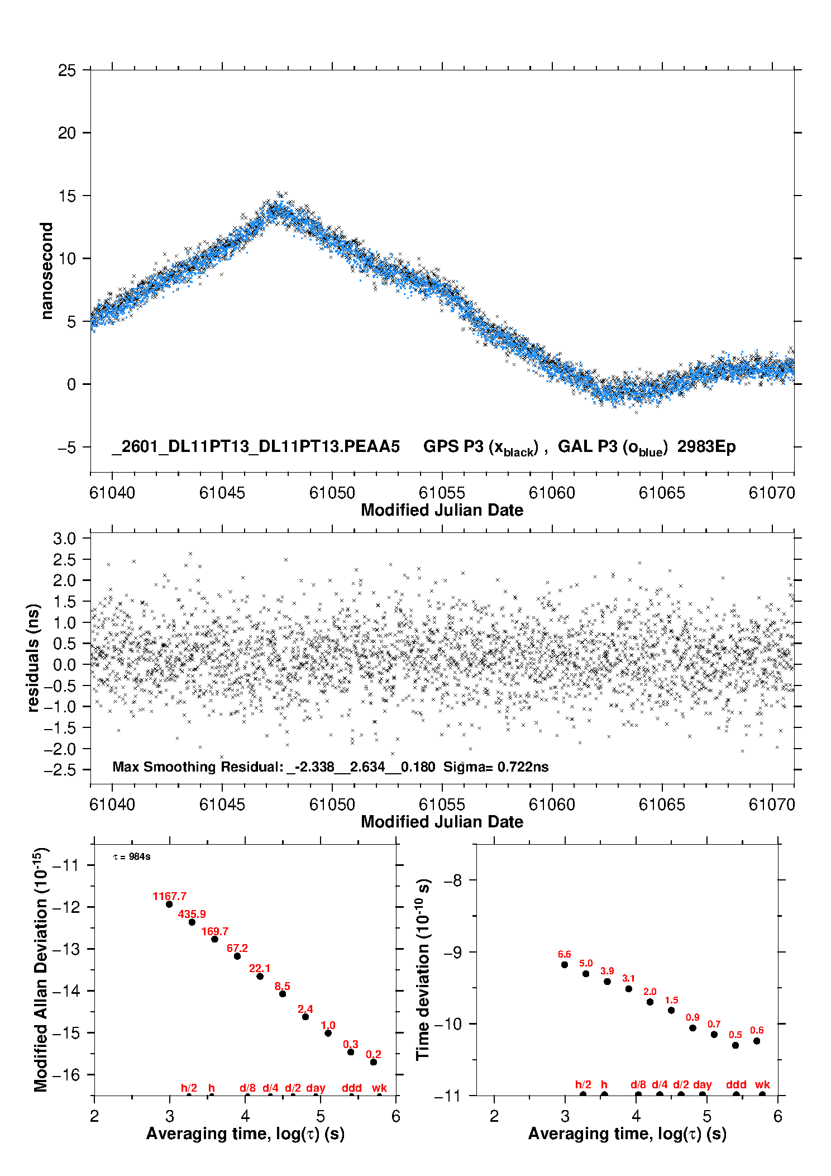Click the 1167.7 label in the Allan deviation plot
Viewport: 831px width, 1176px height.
click(169, 896)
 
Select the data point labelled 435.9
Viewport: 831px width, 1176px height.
click(192, 922)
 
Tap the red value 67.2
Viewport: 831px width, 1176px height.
click(237, 948)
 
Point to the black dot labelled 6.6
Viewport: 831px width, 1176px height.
click(565, 964)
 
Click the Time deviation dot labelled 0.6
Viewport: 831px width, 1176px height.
click(757, 1041)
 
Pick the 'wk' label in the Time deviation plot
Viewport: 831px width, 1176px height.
click(762, 1084)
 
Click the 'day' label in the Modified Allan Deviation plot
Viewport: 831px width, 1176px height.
click(316, 1088)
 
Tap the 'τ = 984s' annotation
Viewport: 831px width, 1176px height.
click(132, 857)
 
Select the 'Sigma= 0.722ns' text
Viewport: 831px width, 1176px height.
click(496, 766)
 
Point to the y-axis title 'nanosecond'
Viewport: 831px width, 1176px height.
click(47, 270)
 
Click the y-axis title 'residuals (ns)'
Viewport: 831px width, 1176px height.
click(34, 658)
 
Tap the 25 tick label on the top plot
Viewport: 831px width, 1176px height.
click(67, 70)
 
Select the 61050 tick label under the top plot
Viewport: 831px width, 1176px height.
click(332, 493)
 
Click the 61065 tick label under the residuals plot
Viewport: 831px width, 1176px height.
click(662, 804)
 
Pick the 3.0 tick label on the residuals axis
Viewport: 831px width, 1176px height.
click(64, 539)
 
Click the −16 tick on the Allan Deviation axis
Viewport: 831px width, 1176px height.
click(66, 1074)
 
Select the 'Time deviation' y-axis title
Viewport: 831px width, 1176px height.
click(423, 969)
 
